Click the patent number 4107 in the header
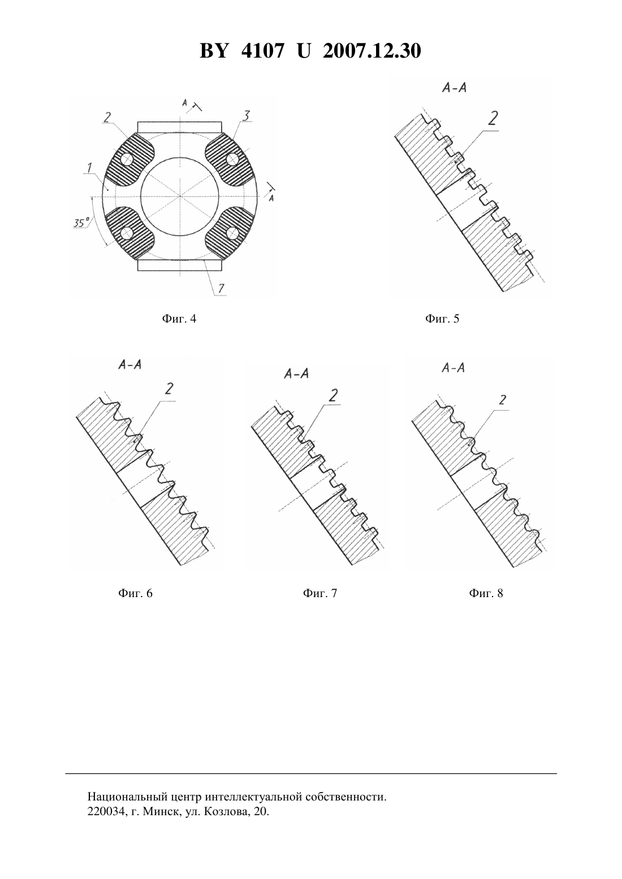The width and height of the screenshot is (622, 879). coord(262,51)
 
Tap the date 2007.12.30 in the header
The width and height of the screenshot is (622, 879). coord(372,51)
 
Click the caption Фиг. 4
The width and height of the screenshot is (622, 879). coord(179,319)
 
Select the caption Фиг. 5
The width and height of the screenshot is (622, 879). coord(442,319)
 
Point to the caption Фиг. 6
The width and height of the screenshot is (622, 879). coord(136,593)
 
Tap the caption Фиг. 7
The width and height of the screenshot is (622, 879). coord(320,593)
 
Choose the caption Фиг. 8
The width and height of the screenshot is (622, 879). coord(486,593)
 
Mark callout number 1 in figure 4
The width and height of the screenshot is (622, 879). coord(89,168)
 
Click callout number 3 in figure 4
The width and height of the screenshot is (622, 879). coord(246,116)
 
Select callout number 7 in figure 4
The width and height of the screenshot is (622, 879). coord(221,289)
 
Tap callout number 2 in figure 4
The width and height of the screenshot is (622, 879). coord(107,117)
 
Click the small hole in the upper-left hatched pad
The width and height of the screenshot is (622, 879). coord(127,159)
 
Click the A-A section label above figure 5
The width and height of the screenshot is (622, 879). coord(454,88)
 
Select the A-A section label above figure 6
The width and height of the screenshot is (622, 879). coord(130,365)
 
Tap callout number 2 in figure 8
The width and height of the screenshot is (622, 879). coord(502,401)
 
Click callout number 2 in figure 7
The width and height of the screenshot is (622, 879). coord(333,396)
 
